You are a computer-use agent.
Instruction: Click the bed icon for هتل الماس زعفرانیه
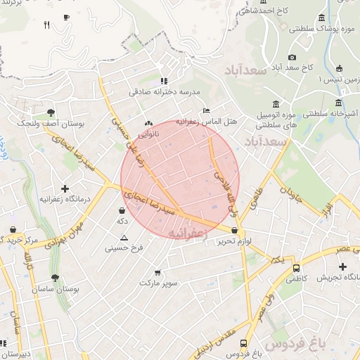tap(205, 110)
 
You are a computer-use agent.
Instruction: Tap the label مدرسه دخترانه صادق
tap(174, 92)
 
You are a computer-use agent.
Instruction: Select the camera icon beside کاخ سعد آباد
tap(292, 57)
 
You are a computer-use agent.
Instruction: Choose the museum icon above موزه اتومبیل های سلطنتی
tap(276, 104)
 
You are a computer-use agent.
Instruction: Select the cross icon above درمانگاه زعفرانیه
tap(65, 188)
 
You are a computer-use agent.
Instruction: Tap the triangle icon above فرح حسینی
tap(124, 238)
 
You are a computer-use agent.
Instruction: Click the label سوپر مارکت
tap(158, 283)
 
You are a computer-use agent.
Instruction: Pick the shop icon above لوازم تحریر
tap(234, 230)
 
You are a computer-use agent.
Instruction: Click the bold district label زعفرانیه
tap(186, 232)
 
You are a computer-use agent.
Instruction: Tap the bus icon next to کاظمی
tap(296, 268)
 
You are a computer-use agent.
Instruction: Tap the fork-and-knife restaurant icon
tap(46, 25)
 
